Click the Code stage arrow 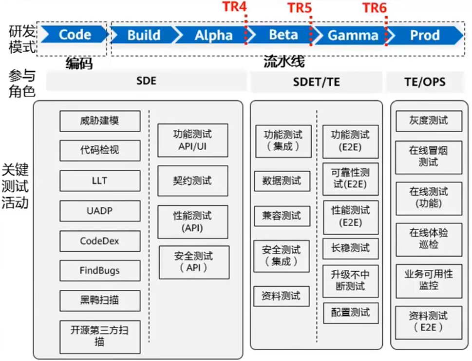[x=74, y=35]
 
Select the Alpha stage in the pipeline [x=213, y=35]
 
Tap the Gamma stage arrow [x=352, y=35]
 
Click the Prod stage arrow [x=424, y=35]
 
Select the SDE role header [x=146, y=81]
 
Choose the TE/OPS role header [x=425, y=81]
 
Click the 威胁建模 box [x=100, y=121]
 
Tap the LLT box [x=100, y=181]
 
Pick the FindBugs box [x=100, y=271]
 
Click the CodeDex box [x=100, y=241]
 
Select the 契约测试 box [x=192, y=181]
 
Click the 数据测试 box [x=283, y=181]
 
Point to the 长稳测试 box [x=350, y=248]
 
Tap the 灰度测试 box [x=428, y=120]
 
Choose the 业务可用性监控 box [x=428, y=280]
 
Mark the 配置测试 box [x=350, y=312]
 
